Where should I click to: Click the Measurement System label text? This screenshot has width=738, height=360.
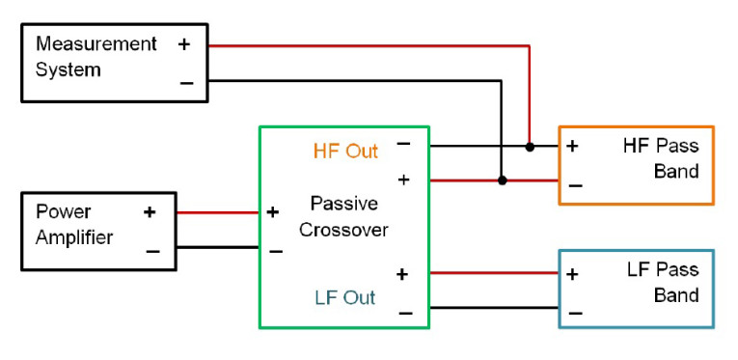(x=96, y=57)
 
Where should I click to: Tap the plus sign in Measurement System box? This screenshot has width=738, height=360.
(x=184, y=44)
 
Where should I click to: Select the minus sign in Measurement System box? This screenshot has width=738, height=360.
(x=185, y=82)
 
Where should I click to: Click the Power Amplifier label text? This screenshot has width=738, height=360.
(x=74, y=224)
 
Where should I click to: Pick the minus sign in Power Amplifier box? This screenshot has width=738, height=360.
(x=151, y=250)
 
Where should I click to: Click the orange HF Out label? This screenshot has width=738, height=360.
(x=345, y=151)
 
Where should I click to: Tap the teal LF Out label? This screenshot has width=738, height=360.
(x=344, y=297)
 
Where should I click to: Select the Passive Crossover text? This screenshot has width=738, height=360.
(x=343, y=217)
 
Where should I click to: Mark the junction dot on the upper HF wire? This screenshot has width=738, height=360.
(x=530, y=147)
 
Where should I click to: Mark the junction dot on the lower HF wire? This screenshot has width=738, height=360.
(x=502, y=180)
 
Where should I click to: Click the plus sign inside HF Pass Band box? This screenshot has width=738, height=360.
(x=572, y=147)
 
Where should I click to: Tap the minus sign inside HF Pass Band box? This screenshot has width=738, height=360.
(x=575, y=183)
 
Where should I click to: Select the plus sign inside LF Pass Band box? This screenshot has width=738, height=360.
(x=572, y=273)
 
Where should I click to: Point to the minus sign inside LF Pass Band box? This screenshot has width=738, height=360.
(x=575, y=311)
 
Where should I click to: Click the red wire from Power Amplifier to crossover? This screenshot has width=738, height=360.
(x=218, y=212)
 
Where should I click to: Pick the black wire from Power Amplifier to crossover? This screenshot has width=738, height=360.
(x=218, y=247)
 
